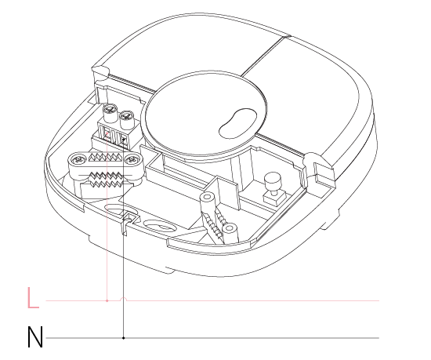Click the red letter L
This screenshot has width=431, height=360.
33,298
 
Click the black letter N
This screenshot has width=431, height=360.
35,337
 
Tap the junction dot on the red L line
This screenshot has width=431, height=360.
107,300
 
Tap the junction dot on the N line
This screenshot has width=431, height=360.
123,338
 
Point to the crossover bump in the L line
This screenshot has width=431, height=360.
124,299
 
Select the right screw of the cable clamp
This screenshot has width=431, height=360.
133,159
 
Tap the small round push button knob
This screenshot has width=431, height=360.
272,180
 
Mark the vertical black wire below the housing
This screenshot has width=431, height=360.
123,287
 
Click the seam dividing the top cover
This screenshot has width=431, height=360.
266,56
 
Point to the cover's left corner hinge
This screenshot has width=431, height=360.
100,71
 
